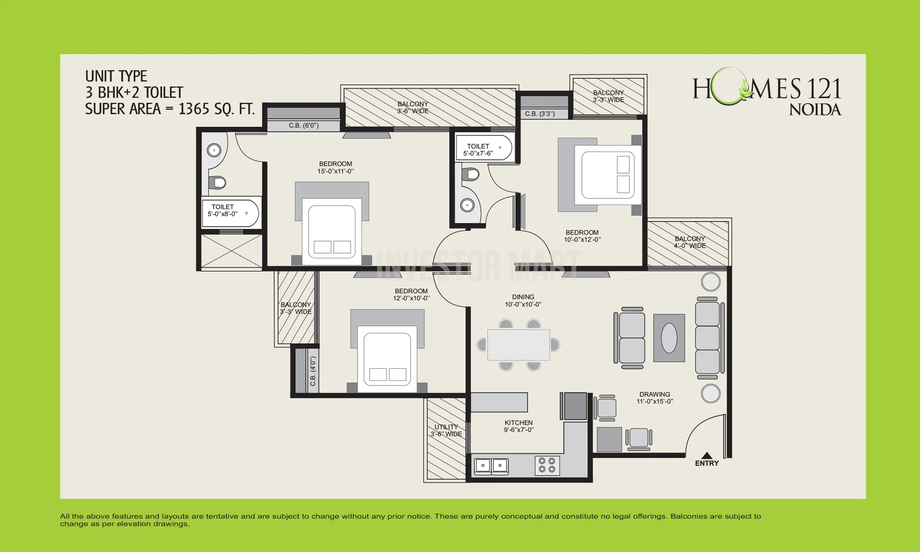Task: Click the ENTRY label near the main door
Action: [x=707, y=463]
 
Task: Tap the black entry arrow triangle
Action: [x=707, y=456]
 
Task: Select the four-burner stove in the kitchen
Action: [x=547, y=465]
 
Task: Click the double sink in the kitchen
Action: [x=491, y=465]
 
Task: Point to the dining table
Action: [x=518, y=345]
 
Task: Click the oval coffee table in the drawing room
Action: [x=669, y=338]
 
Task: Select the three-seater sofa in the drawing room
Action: [x=708, y=338]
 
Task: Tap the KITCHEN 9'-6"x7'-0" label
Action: [x=518, y=426]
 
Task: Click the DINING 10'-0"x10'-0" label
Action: [x=523, y=301]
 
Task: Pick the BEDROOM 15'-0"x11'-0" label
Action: [x=335, y=167]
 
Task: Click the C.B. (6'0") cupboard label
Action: [x=304, y=126]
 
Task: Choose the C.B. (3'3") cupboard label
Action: [x=540, y=114]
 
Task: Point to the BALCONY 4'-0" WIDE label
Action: [x=689, y=242]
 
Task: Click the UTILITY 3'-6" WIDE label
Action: [x=446, y=430]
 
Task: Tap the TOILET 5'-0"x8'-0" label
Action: [x=223, y=210]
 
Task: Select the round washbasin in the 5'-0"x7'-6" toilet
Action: [x=467, y=205]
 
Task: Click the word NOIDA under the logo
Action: [x=815, y=110]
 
